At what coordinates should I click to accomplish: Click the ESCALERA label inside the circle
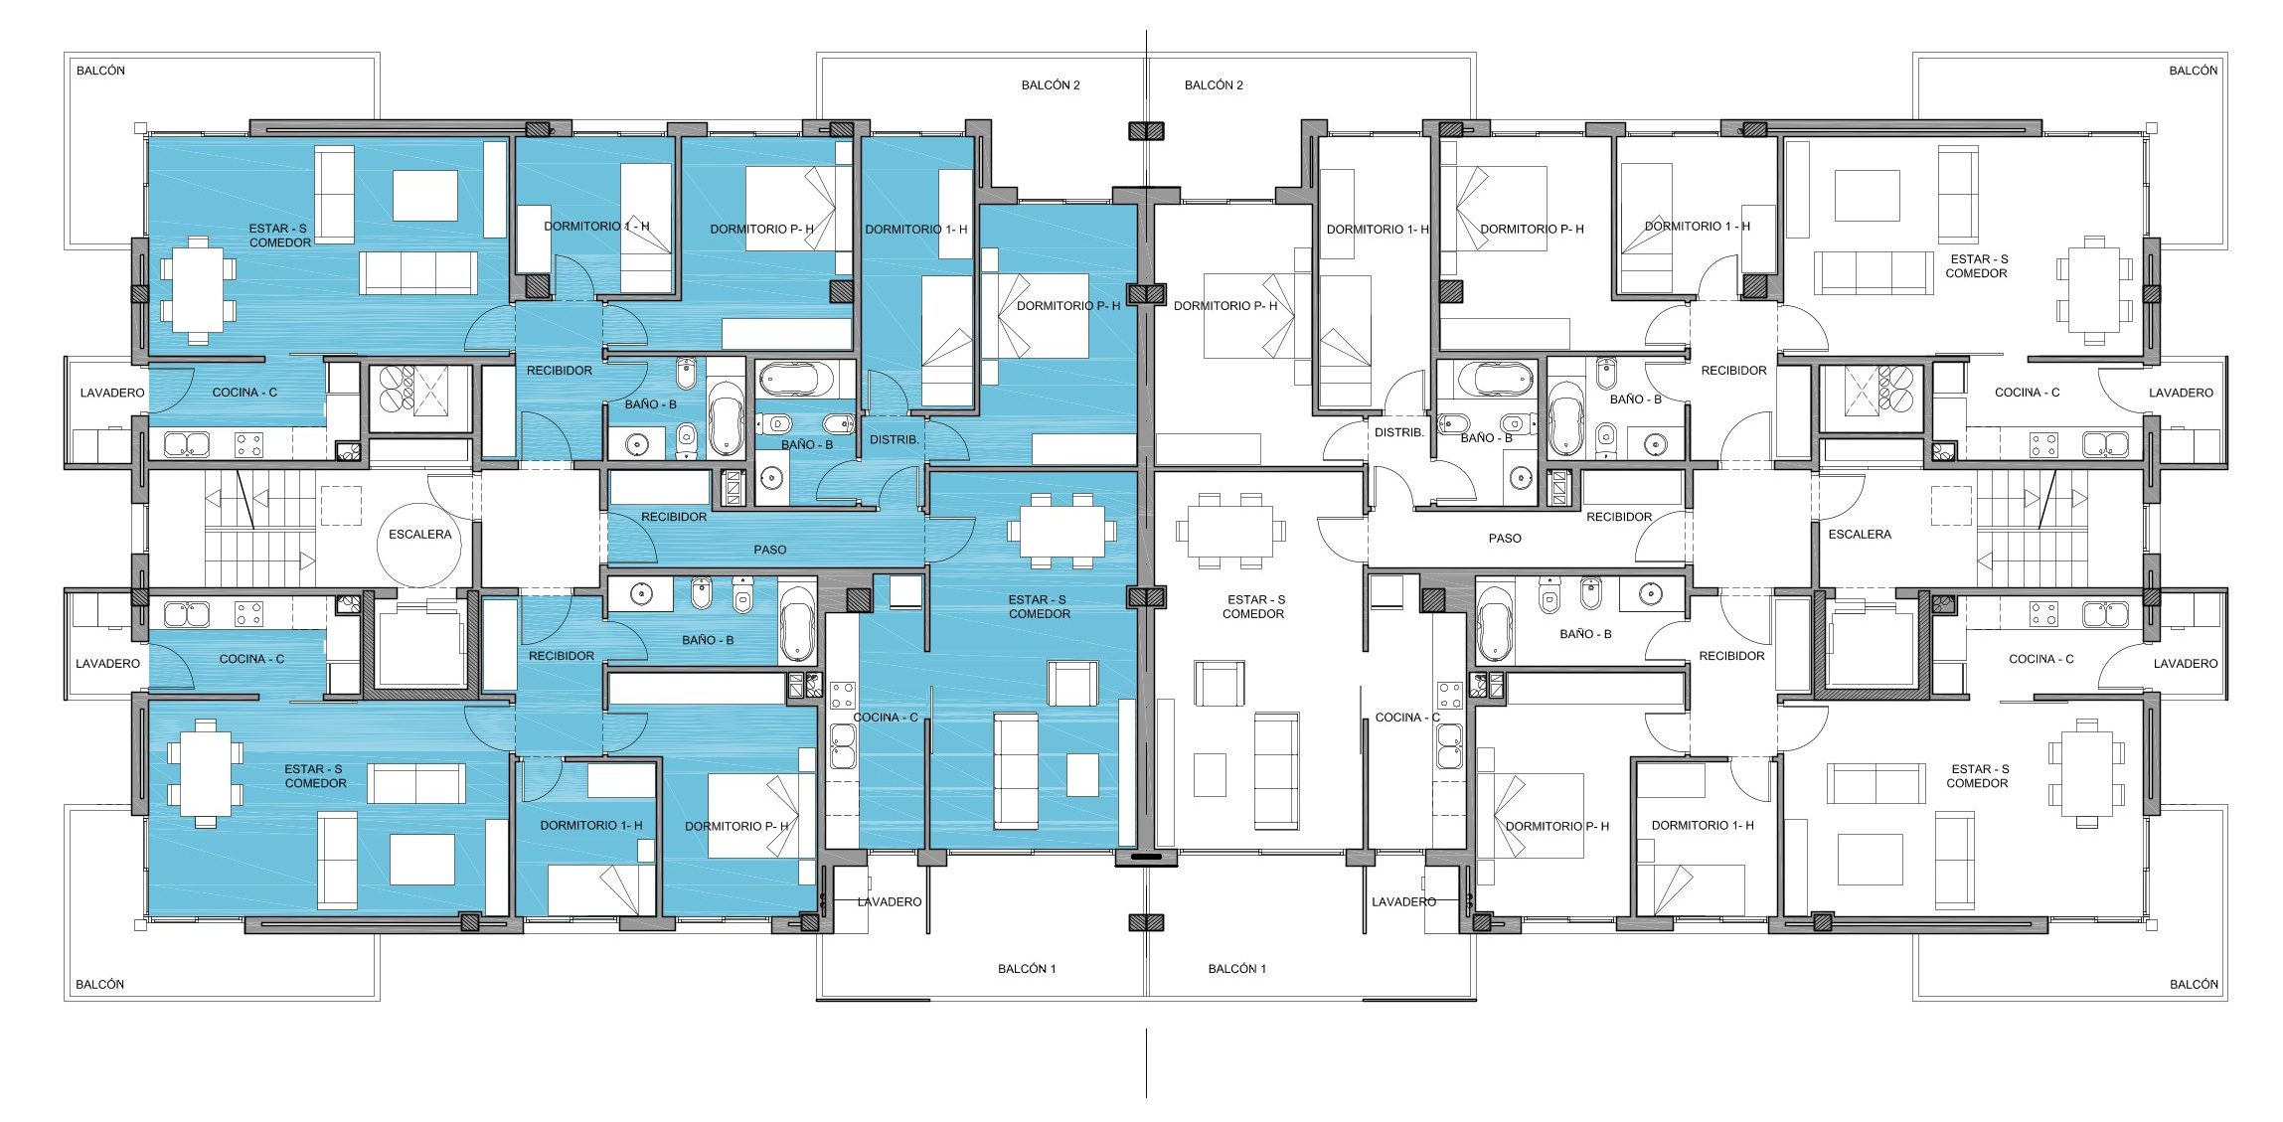[x=419, y=535]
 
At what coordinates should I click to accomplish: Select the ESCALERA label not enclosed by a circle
[x=1860, y=535]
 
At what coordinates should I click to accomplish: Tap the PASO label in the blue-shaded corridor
[x=770, y=550]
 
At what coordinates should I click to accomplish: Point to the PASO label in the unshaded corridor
[x=1505, y=539]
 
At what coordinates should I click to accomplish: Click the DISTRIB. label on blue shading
[x=895, y=439]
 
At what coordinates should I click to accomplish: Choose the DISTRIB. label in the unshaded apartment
[x=1399, y=432]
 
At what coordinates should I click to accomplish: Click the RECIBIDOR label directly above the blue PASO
[x=674, y=517]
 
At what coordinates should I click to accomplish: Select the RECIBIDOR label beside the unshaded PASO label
[x=1619, y=517]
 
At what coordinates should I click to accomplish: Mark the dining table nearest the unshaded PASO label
[x=1230, y=530]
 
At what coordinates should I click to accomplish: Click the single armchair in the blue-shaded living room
[x=1072, y=684]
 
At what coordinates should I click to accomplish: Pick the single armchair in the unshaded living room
[x=1219, y=684]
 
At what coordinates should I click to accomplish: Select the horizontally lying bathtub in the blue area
[x=796, y=380]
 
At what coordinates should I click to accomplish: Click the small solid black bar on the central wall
[x=1146, y=857]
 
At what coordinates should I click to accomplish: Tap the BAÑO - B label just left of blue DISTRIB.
[x=807, y=444]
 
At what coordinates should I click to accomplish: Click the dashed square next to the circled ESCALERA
[x=341, y=506]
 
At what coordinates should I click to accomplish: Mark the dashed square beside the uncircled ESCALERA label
[x=1951, y=506]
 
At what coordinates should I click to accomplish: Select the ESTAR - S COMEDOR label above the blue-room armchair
[x=1039, y=607]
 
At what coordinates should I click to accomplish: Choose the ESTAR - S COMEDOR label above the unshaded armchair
[x=1254, y=607]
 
